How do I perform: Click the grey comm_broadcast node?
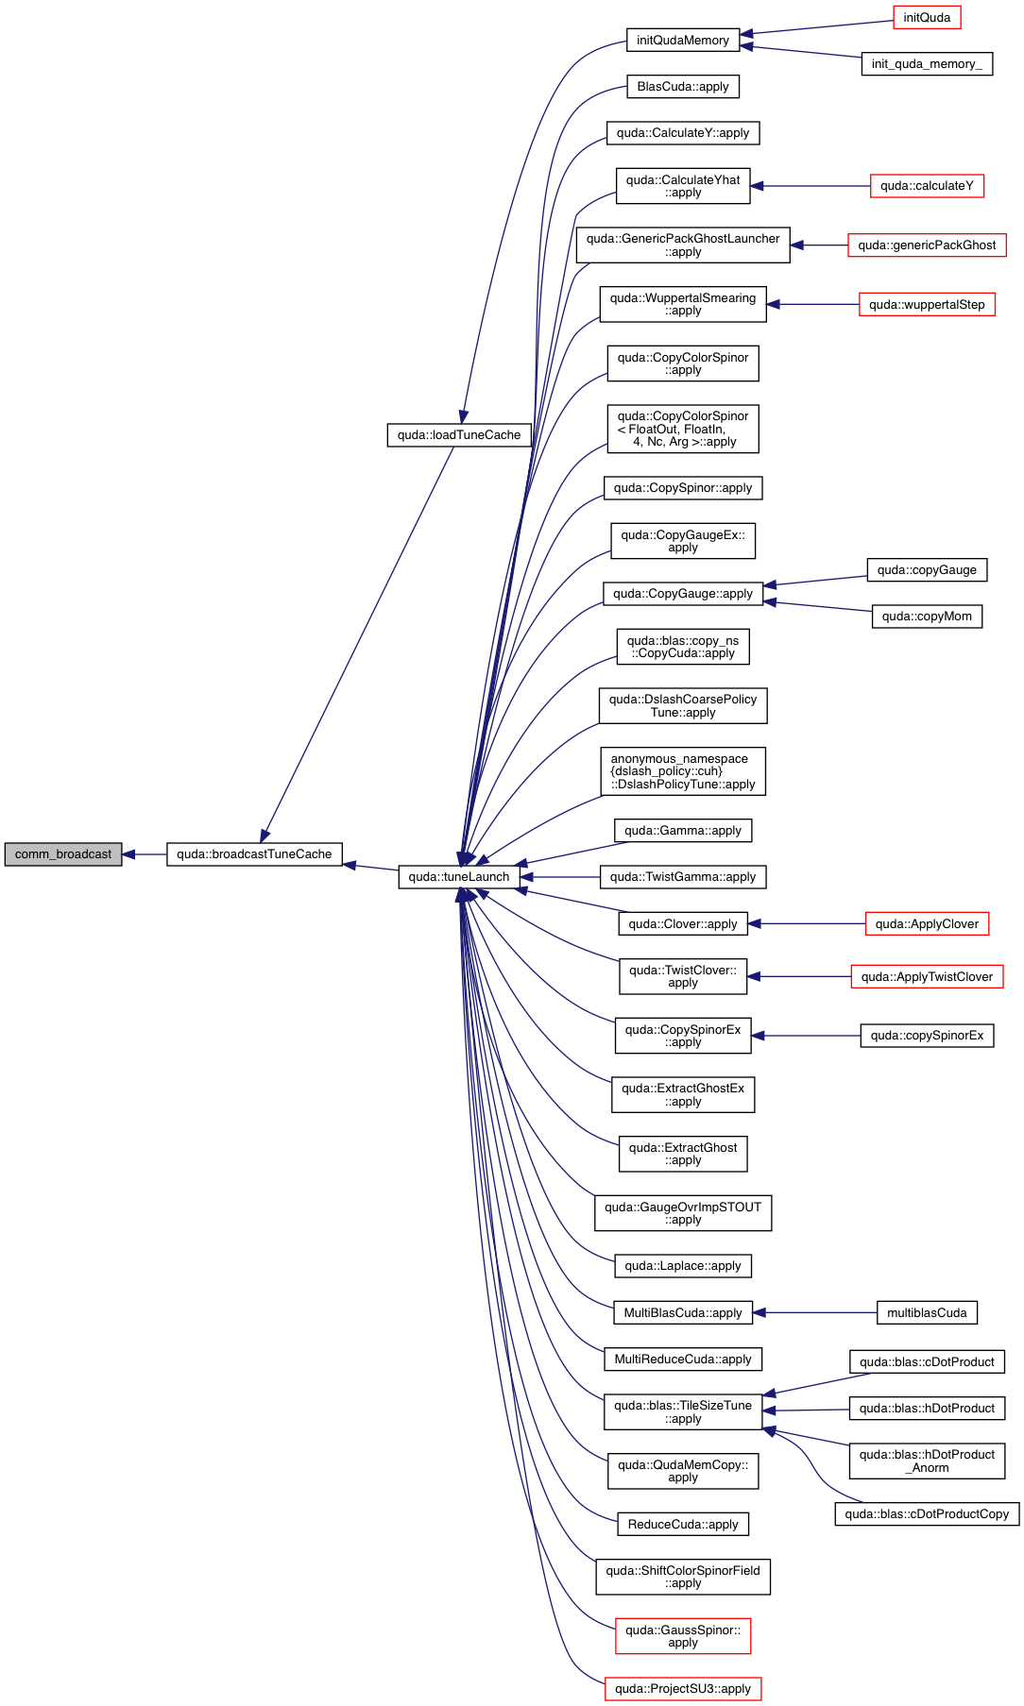(63, 854)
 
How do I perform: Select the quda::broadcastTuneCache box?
(254, 854)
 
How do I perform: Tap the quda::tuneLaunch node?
(458, 877)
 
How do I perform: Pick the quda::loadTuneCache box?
(459, 435)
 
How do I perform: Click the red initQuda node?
(927, 18)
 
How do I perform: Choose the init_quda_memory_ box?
(927, 64)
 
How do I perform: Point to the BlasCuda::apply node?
(683, 87)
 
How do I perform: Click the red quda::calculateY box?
(927, 186)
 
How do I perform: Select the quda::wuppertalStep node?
(927, 305)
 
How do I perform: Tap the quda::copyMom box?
(927, 617)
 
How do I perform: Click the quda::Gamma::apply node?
(683, 831)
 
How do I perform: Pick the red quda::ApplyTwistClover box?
(927, 977)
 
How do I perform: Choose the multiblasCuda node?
(927, 1313)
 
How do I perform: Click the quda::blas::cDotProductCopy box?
(927, 1514)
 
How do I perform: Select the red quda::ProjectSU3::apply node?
(683, 1689)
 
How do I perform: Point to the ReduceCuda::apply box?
(683, 1525)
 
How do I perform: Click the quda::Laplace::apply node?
(683, 1266)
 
